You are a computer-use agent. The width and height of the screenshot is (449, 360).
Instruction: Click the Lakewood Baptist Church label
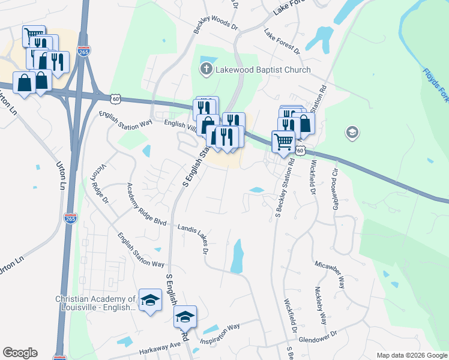click(264, 70)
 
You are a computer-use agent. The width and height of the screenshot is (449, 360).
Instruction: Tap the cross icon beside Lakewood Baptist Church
click(206, 70)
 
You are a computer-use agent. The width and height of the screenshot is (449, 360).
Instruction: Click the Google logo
click(20, 353)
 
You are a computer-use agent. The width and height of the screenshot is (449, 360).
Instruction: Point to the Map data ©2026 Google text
click(411, 355)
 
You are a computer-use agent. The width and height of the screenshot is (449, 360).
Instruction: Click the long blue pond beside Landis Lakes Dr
click(238, 255)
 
